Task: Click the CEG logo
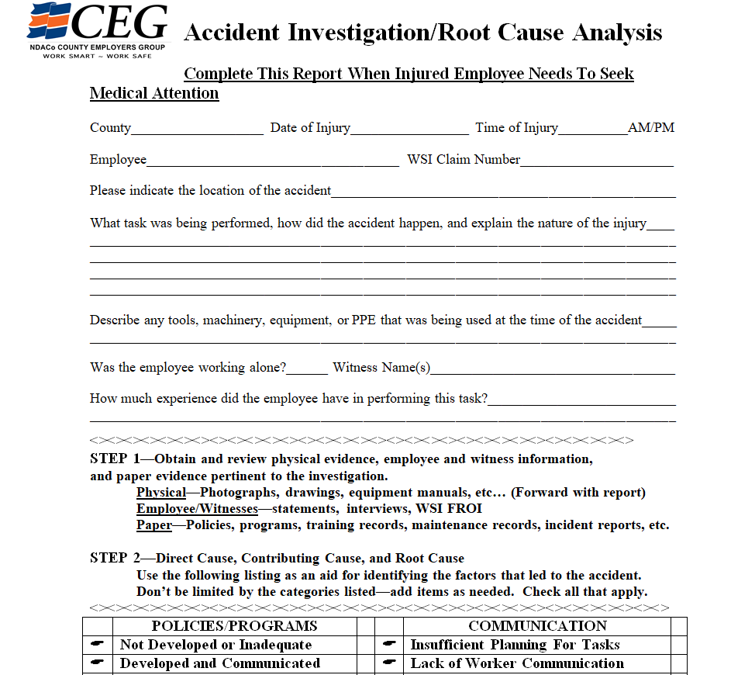click(98, 29)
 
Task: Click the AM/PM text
click(651, 128)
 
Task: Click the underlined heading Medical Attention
click(154, 94)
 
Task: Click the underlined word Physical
click(161, 493)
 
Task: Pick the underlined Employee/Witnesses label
click(197, 509)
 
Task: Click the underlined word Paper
click(154, 525)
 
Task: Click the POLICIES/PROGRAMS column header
click(234, 626)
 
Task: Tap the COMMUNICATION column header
click(537, 626)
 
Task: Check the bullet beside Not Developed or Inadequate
click(98, 645)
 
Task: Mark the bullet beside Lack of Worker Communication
click(389, 663)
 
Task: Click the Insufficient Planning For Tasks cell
click(515, 645)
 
